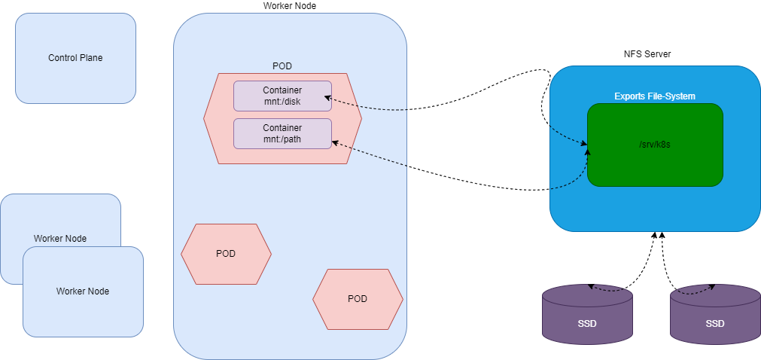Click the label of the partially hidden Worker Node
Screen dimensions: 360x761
(x=60, y=239)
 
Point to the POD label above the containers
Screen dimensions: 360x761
(x=282, y=66)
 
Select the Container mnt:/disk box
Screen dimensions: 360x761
(x=282, y=96)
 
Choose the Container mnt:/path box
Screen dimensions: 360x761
(x=282, y=133)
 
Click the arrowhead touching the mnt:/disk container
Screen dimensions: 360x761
(x=328, y=97)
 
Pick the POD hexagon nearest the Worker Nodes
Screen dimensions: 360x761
(x=226, y=254)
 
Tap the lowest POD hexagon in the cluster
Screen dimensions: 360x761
(x=358, y=299)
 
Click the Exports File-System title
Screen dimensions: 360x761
(x=654, y=96)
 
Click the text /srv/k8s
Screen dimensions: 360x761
(x=654, y=145)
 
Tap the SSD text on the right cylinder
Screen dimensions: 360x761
(x=715, y=324)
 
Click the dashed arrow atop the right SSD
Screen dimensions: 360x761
(x=696, y=290)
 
